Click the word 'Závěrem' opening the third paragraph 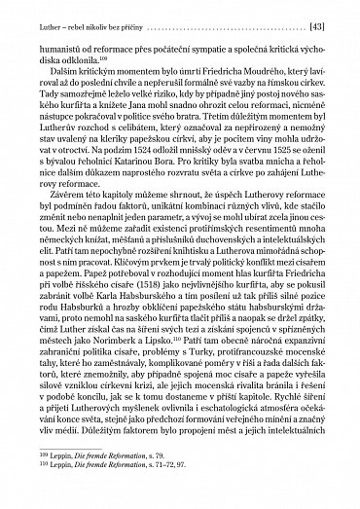pos(55,223)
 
